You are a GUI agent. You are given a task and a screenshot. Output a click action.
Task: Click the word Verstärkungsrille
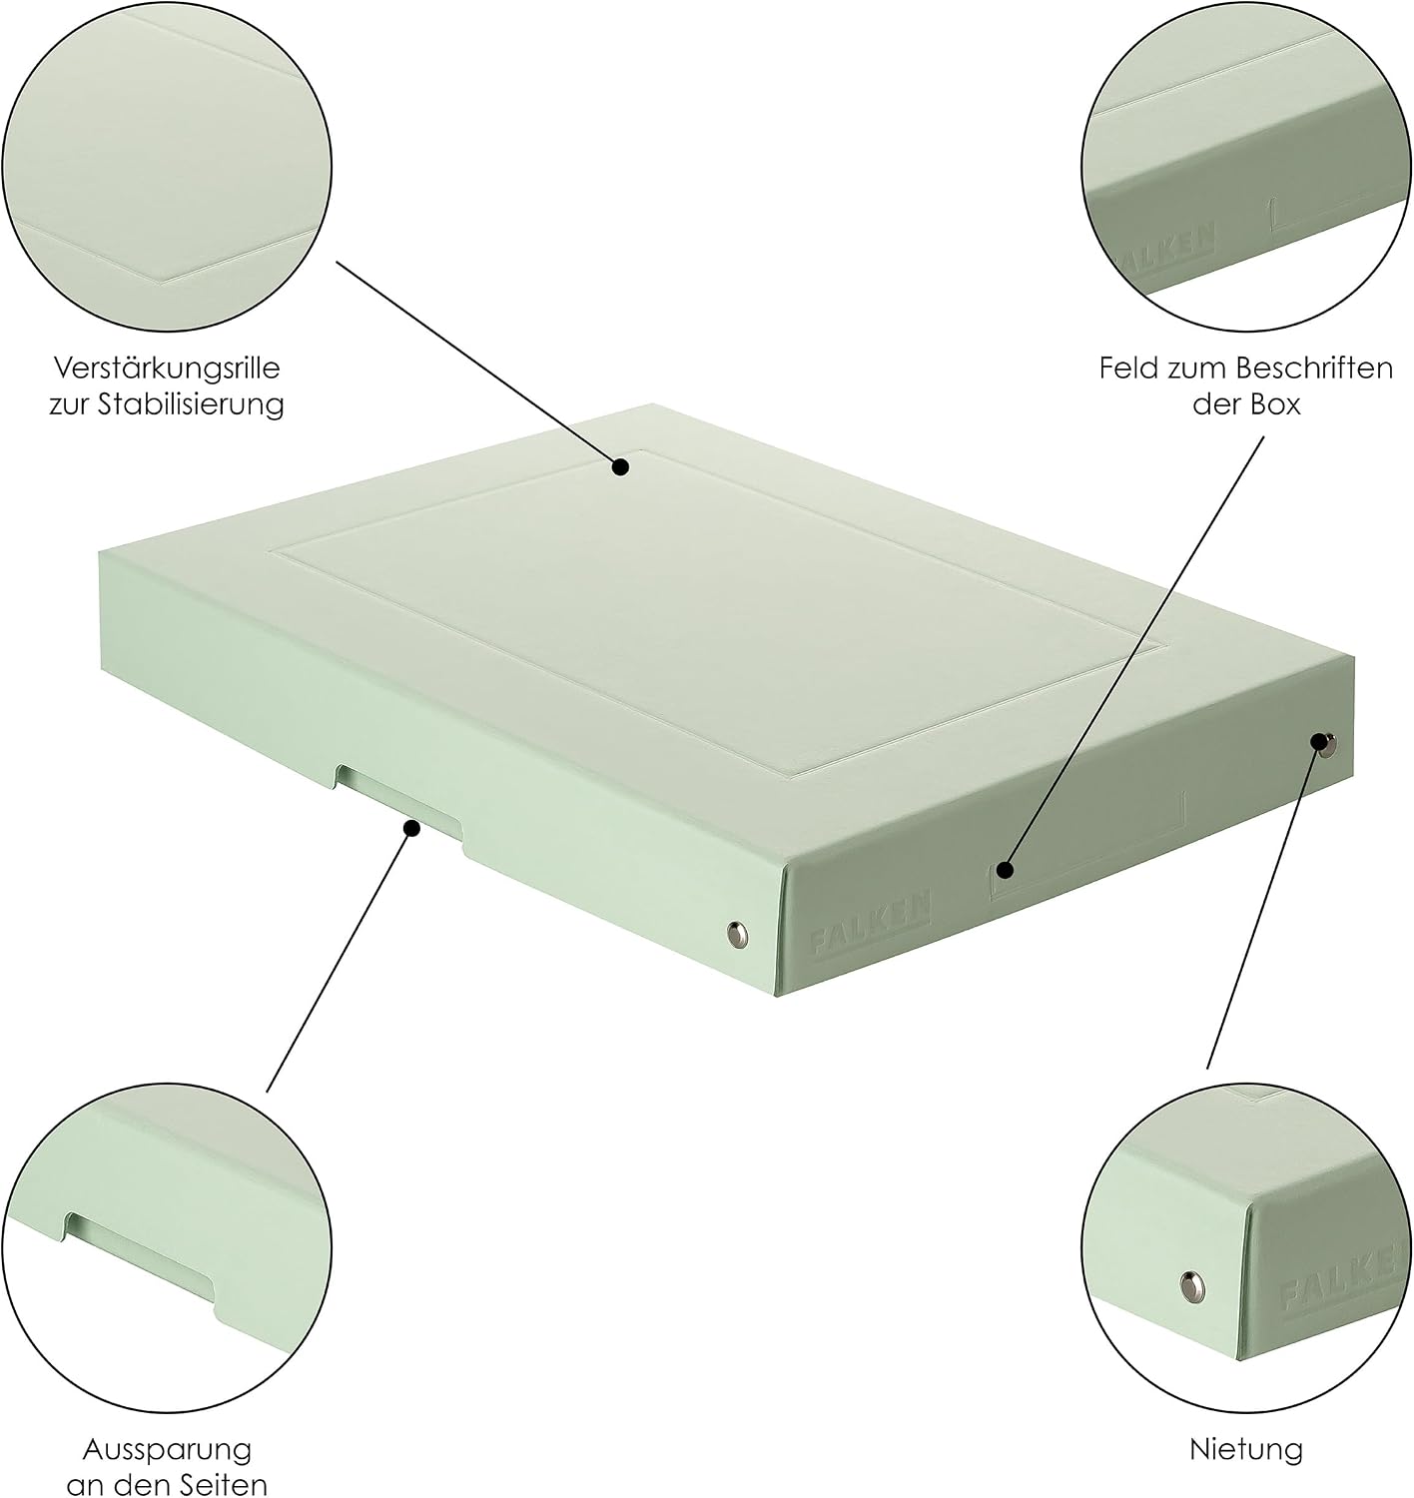coord(167,369)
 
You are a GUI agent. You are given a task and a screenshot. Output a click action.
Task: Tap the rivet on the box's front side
coord(737,934)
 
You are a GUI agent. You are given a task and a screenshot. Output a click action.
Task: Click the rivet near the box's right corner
coord(1326,744)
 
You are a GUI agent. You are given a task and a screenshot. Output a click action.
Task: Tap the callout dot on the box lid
coord(620,467)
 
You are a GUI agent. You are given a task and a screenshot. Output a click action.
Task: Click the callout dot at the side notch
coord(411,829)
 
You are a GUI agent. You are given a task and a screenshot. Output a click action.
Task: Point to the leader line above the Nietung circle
coord(1266,906)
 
